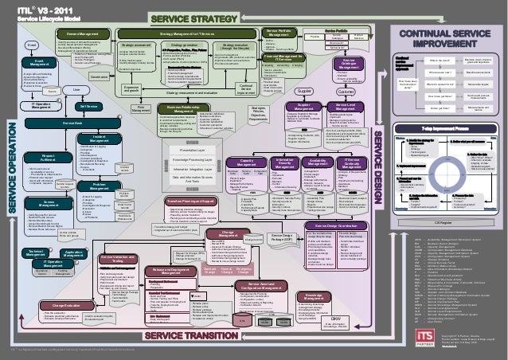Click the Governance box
point(100,76)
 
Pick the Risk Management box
point(140,109)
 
